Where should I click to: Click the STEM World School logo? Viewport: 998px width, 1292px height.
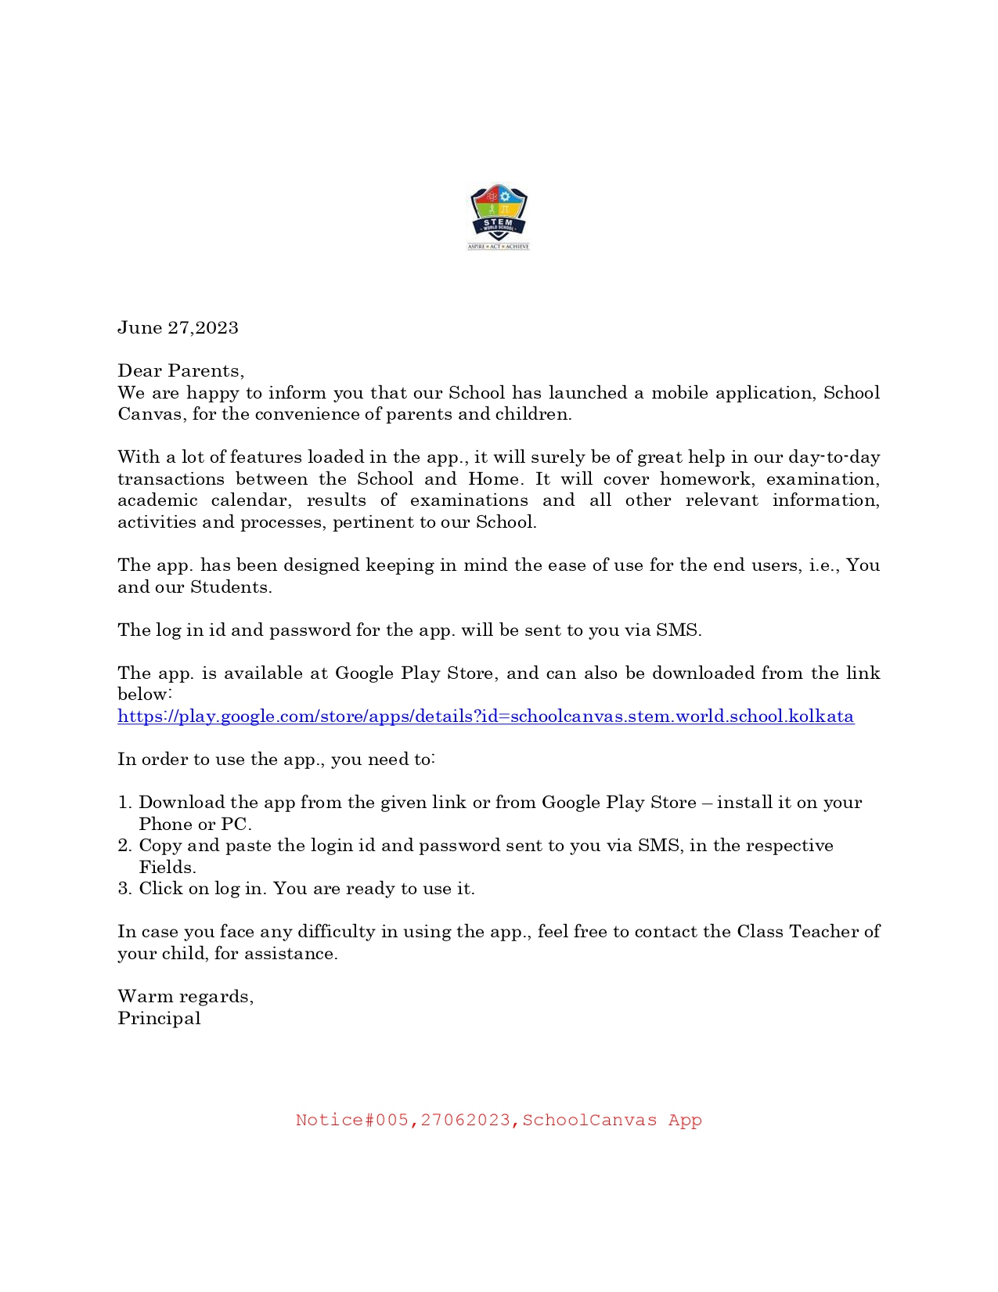[x=499, y=217]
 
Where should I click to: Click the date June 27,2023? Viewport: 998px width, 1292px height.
[x=178, y=327]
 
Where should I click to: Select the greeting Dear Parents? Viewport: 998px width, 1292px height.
[x=180, y=370]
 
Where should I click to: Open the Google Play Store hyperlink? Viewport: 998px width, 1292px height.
[x=485, y=716]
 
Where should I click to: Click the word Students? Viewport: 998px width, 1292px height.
[x=231, y=587]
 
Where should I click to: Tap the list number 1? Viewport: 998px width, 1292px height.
[x=124, y=803]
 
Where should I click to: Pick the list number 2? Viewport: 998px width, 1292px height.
[x=124, y=846]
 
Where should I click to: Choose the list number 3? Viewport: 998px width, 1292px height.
[x=124, y=889]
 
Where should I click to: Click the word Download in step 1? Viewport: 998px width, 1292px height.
[x=182, y=803]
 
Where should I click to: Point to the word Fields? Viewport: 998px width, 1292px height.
[x=167, y=868]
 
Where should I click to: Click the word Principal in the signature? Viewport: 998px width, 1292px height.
[x=159, y=1018]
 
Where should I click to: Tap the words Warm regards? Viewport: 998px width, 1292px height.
[x=185, y=997]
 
